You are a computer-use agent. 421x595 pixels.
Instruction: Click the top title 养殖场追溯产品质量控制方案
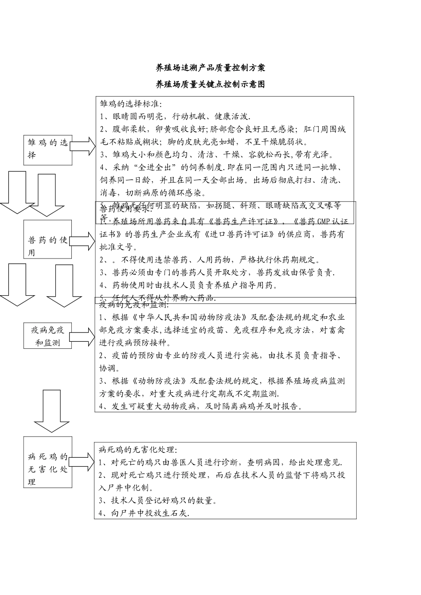pyautogui.click(x=210, y=68)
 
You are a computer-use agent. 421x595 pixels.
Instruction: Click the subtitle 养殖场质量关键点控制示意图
pyautogui.click(x=210, y=84)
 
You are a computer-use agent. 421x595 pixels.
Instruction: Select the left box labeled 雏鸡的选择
pyautogui.click(x=48, y=149)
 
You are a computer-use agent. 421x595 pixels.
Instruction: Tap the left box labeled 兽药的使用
pyautogui.click(x=48, y=246)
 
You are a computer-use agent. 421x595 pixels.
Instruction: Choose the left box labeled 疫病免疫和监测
pyautogui.click(x=48, y=336)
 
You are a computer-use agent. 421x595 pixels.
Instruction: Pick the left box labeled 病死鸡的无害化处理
pyautogui.click(x=48, y=469)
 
